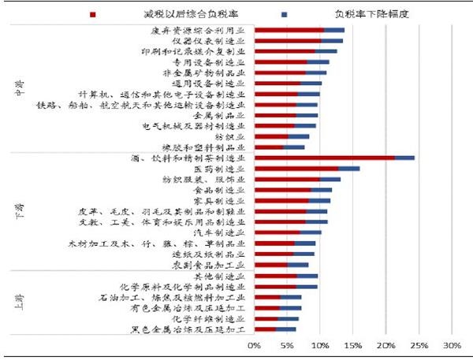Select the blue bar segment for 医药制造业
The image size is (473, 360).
(349, 169)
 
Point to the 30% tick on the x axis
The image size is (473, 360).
(452, 345)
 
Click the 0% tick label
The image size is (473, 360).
(254, 345)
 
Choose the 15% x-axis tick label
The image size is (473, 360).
(352, 345)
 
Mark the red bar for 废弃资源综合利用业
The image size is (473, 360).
(289, 30)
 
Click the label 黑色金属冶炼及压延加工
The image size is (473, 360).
(194, 330)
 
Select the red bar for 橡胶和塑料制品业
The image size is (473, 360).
(269, 147)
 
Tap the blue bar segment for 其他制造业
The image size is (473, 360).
(307, 276)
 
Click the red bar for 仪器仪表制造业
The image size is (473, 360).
(287, 40)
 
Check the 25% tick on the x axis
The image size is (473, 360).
(419, 345)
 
